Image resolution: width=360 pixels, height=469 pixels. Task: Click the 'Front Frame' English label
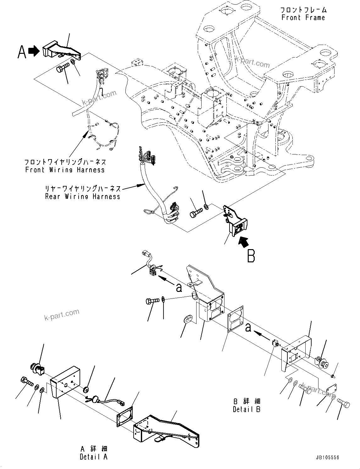[x=303, y=18]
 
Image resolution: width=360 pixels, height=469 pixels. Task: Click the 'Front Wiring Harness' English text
[x=65, y=170]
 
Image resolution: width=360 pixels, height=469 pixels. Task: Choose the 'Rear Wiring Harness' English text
[x=83, y=197]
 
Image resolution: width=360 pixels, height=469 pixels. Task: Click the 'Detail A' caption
[x=93, y=457]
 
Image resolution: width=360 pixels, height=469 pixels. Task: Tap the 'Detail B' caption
[x=246, y=409]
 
